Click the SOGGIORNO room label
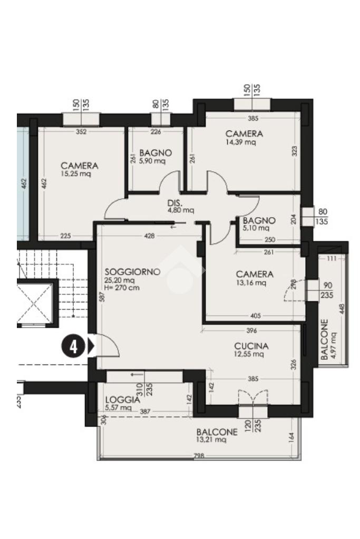(x=132, y=271)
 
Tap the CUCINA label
(x=251, y=346)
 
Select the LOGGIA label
(x=122, y=400)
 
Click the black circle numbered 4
(x=73, y=347)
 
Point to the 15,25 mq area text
(x=76, y=174)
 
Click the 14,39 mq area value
(x=241, y=142)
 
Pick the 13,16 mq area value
(x=251, y=283)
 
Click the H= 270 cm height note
(x=122, y=288)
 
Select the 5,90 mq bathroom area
(x=152, y=161)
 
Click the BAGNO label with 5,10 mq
(x=259, y=220)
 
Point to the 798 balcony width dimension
(x=199, y=456)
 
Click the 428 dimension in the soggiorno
(x=150, y=236)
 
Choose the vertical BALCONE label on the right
(x=325, y=340)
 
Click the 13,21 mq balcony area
(x=211, y=439)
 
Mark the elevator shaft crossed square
(x=34, y=302)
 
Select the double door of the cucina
(x=253, y=397)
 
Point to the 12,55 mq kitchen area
(x=249, y=354)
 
